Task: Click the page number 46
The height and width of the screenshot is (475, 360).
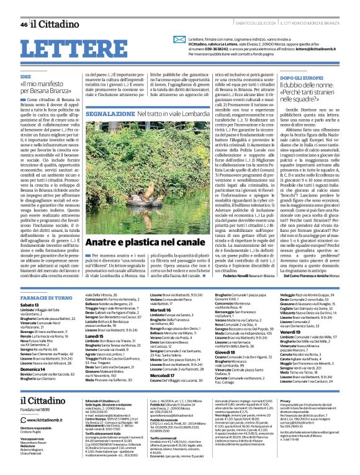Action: tap(23, 24)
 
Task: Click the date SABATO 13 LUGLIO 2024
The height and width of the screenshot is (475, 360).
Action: tap(245, 24)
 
